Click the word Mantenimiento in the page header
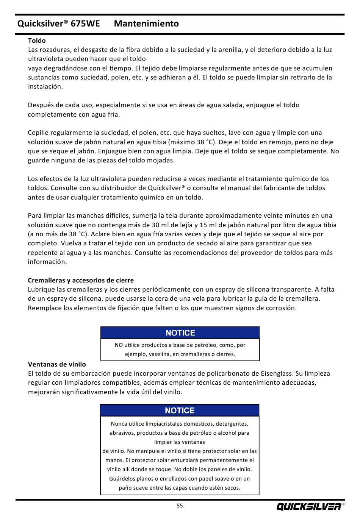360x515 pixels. (146, 23)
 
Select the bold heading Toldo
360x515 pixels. (37, 41)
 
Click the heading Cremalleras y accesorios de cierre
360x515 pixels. (81, 280)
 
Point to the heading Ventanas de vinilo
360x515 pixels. (57, 364)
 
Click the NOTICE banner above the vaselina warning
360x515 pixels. (180, 333)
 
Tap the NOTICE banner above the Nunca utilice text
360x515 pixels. (180, 410)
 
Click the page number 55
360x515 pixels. (180, 506)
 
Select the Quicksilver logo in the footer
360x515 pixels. (309, 506)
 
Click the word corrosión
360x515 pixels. (280, 308)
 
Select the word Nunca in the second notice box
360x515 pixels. (119, 424)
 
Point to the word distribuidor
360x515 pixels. (122, 188)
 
